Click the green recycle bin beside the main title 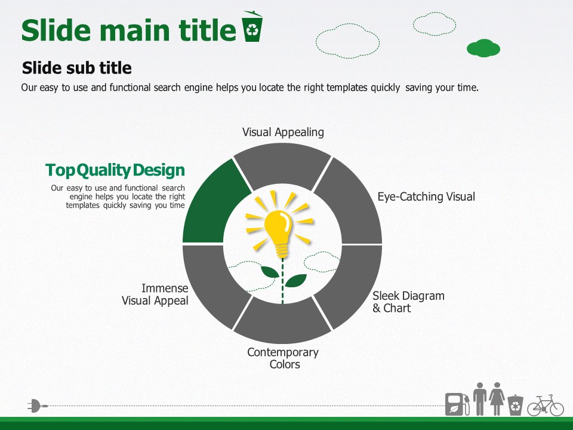(x=252, y=26)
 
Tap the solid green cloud (x=483, y=48)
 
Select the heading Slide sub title (x=77, y=68)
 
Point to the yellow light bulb (x=279, y=231)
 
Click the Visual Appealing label (x=283, y=133)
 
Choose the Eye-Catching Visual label (x=426, y=196)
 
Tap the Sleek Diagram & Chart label (x=408, y=302)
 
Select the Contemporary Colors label (x=283, y=358)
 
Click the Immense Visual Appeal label (x=155, y=294)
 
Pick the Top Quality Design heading (x=115, y=170)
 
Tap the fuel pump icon (x=457, y=404)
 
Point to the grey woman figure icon (x=497, y=398)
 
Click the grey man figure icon (x=480, y=398)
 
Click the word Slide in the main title (x=56, y=30)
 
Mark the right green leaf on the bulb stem (x=295, y=281)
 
